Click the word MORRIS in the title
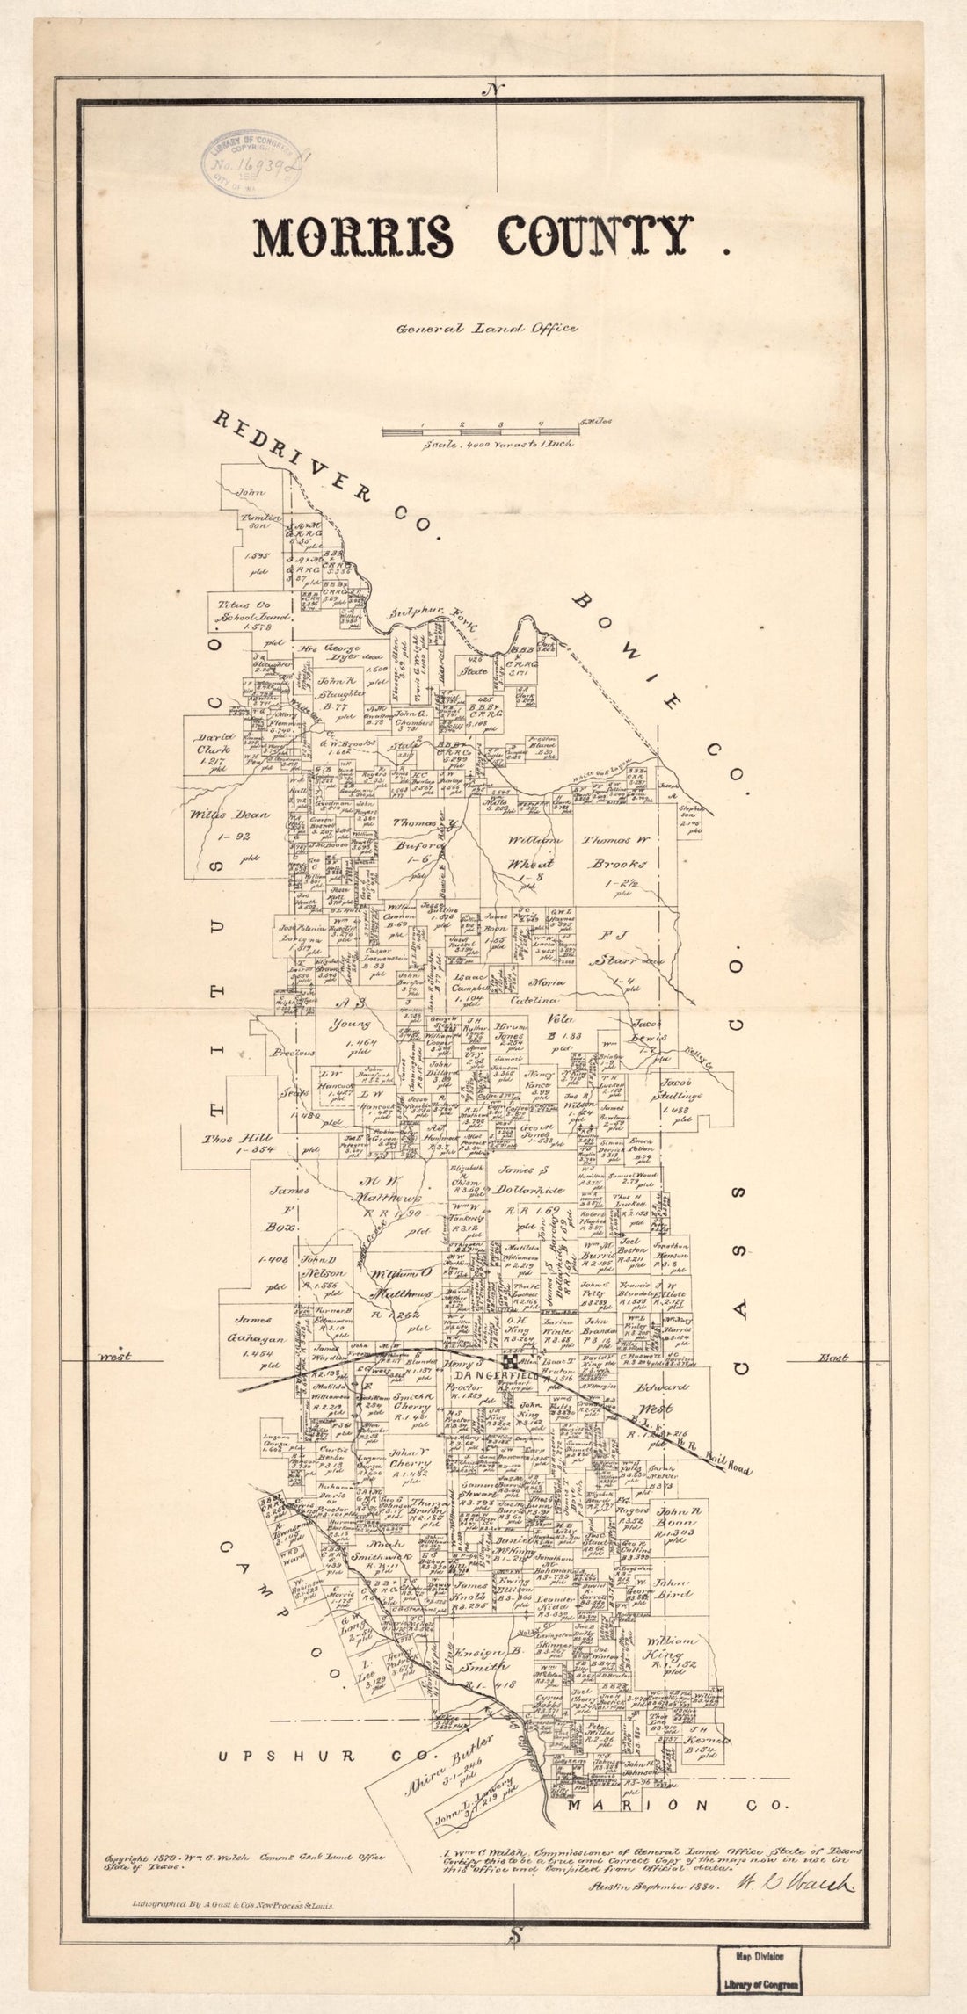pos(354,237)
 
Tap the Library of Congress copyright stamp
pos(253,163)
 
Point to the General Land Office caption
pos(486,329)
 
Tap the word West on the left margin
pos(113,1356)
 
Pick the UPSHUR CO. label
pos(287,1731)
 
